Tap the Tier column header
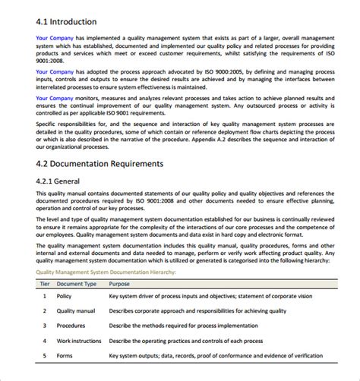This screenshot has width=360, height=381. tap(45, 282)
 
